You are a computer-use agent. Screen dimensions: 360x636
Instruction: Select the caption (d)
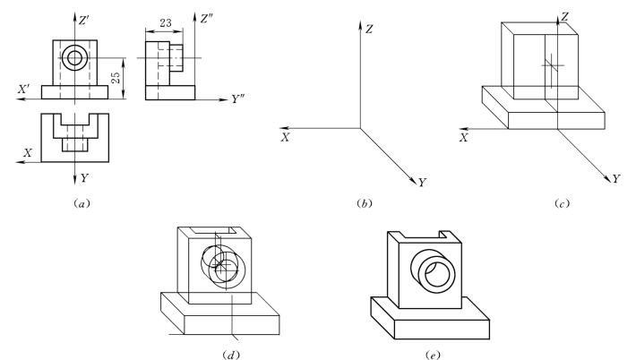tap(228, 351)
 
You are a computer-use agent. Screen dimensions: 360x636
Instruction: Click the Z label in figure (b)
tap(369, 29)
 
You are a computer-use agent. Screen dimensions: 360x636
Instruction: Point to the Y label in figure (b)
tap(422, 183)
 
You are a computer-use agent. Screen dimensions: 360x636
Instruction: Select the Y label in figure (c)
tap(615, 179)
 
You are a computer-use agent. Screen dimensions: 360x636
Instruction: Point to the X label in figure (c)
tap(464, 138)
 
